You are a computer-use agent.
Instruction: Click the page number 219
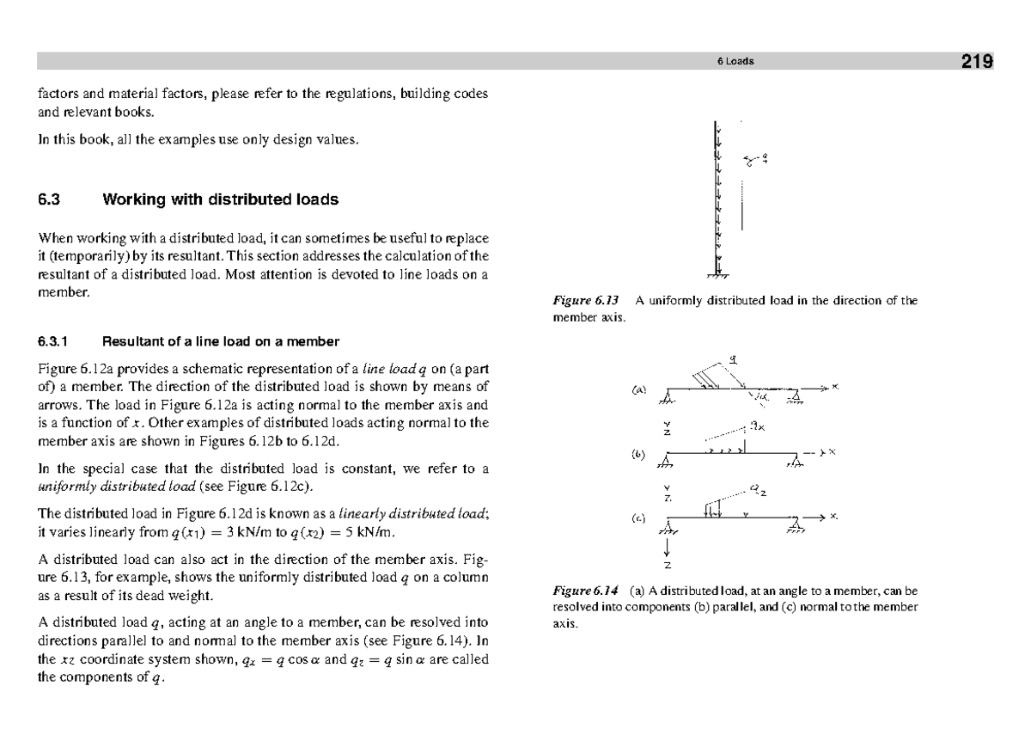point(977,61)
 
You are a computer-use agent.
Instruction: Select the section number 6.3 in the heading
point(48,200)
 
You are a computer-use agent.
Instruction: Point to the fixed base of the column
point(717,276)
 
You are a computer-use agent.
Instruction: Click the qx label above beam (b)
point(756,424)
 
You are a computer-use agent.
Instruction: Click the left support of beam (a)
point(668,397)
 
